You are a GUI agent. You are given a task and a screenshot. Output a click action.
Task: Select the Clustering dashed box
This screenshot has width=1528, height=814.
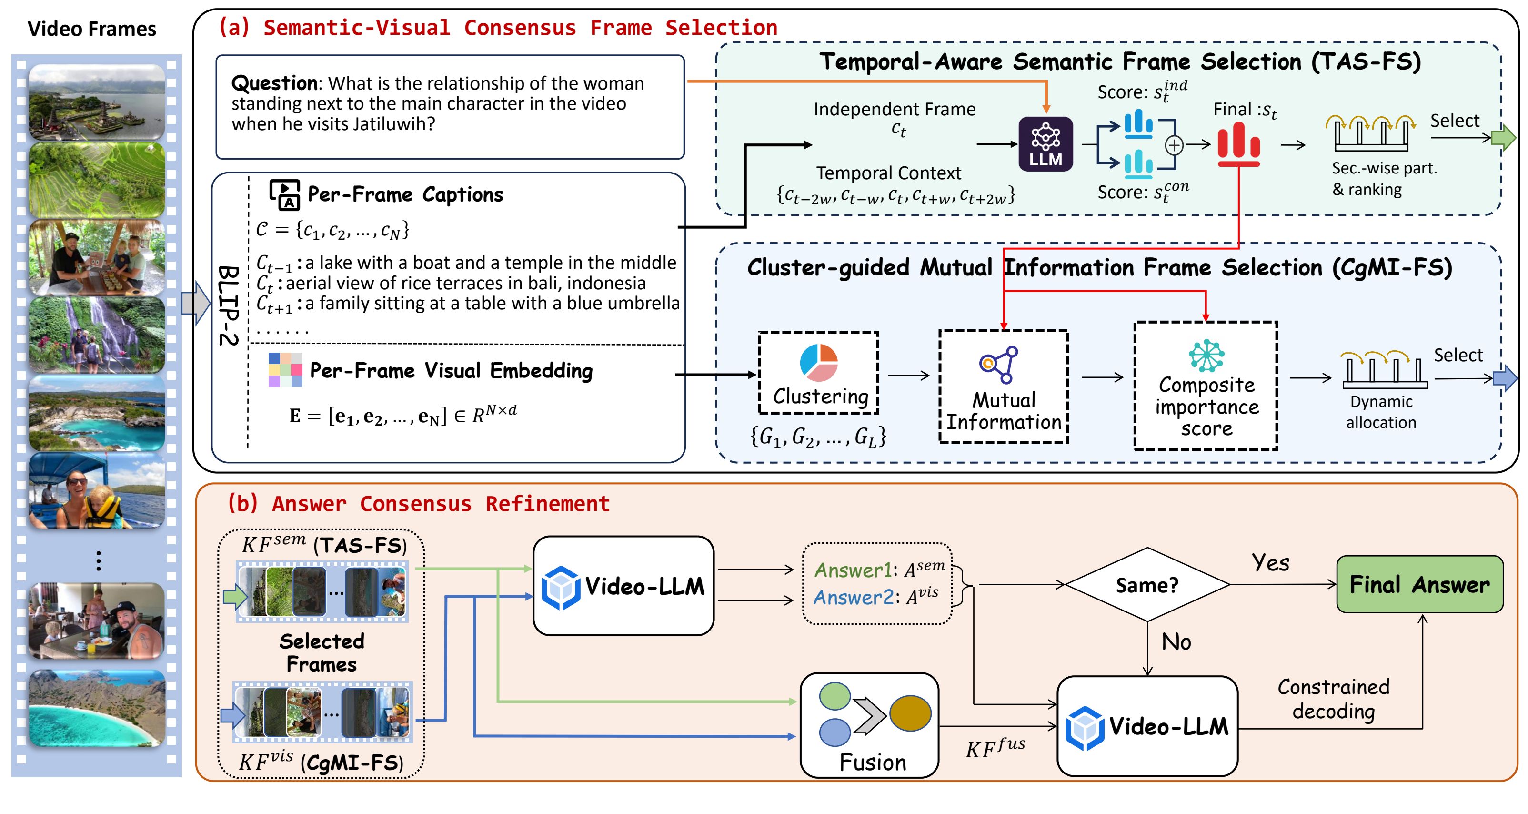click(x=819, y=373)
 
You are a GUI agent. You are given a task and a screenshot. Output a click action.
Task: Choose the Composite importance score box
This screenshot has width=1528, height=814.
click(x=1206, y=386)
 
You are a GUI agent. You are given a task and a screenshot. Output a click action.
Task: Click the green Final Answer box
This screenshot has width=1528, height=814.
click(x=1419, y=584)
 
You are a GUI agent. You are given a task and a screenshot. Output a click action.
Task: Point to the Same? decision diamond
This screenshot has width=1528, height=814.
click(x=1147, y=585)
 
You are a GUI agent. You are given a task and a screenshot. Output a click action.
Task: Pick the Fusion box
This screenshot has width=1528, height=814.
click(x=869, y=725)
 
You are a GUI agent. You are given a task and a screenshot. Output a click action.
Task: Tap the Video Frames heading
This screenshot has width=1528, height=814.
click(x=92, y=29)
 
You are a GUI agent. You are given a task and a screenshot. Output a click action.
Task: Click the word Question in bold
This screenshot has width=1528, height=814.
click(x=274, y=83)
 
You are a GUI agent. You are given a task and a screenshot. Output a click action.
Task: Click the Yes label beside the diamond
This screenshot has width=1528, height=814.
click(x=1270, y=562)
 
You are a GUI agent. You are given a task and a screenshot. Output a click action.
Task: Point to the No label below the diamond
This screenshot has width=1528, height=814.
click(x=1176, y=642)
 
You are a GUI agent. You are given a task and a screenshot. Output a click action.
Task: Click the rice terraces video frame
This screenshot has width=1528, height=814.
click(x=97, y=180)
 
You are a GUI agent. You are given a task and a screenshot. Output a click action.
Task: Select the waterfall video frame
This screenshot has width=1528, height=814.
click(x=97, y=335)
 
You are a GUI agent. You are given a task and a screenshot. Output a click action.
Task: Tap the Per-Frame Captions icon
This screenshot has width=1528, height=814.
click(x=285, y=194)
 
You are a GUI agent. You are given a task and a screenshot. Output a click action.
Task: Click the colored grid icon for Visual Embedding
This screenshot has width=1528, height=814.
click(x=285, y=370)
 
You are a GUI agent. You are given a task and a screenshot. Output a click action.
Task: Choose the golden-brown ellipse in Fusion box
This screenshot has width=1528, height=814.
click(x=910, y=713)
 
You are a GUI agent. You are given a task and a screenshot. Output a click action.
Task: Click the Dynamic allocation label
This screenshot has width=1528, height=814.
click(x=1381, y=412)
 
